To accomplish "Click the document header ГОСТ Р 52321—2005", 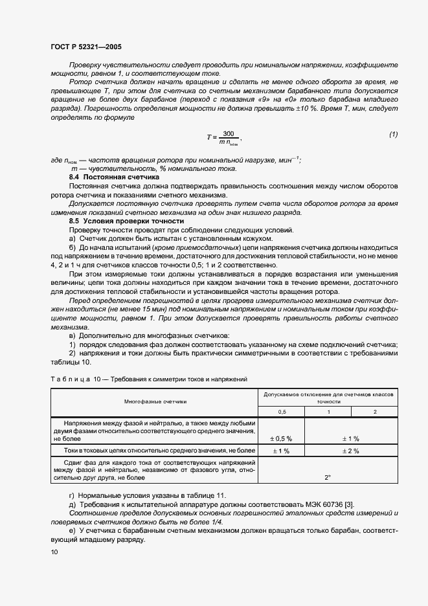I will coord(85,47).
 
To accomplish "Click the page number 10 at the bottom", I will coord(54,552).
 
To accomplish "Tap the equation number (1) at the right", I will coord(393,134).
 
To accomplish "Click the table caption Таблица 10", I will coord(72,378).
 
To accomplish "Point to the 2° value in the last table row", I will coord(328,477).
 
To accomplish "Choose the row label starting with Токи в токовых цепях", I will coord(155,450).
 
